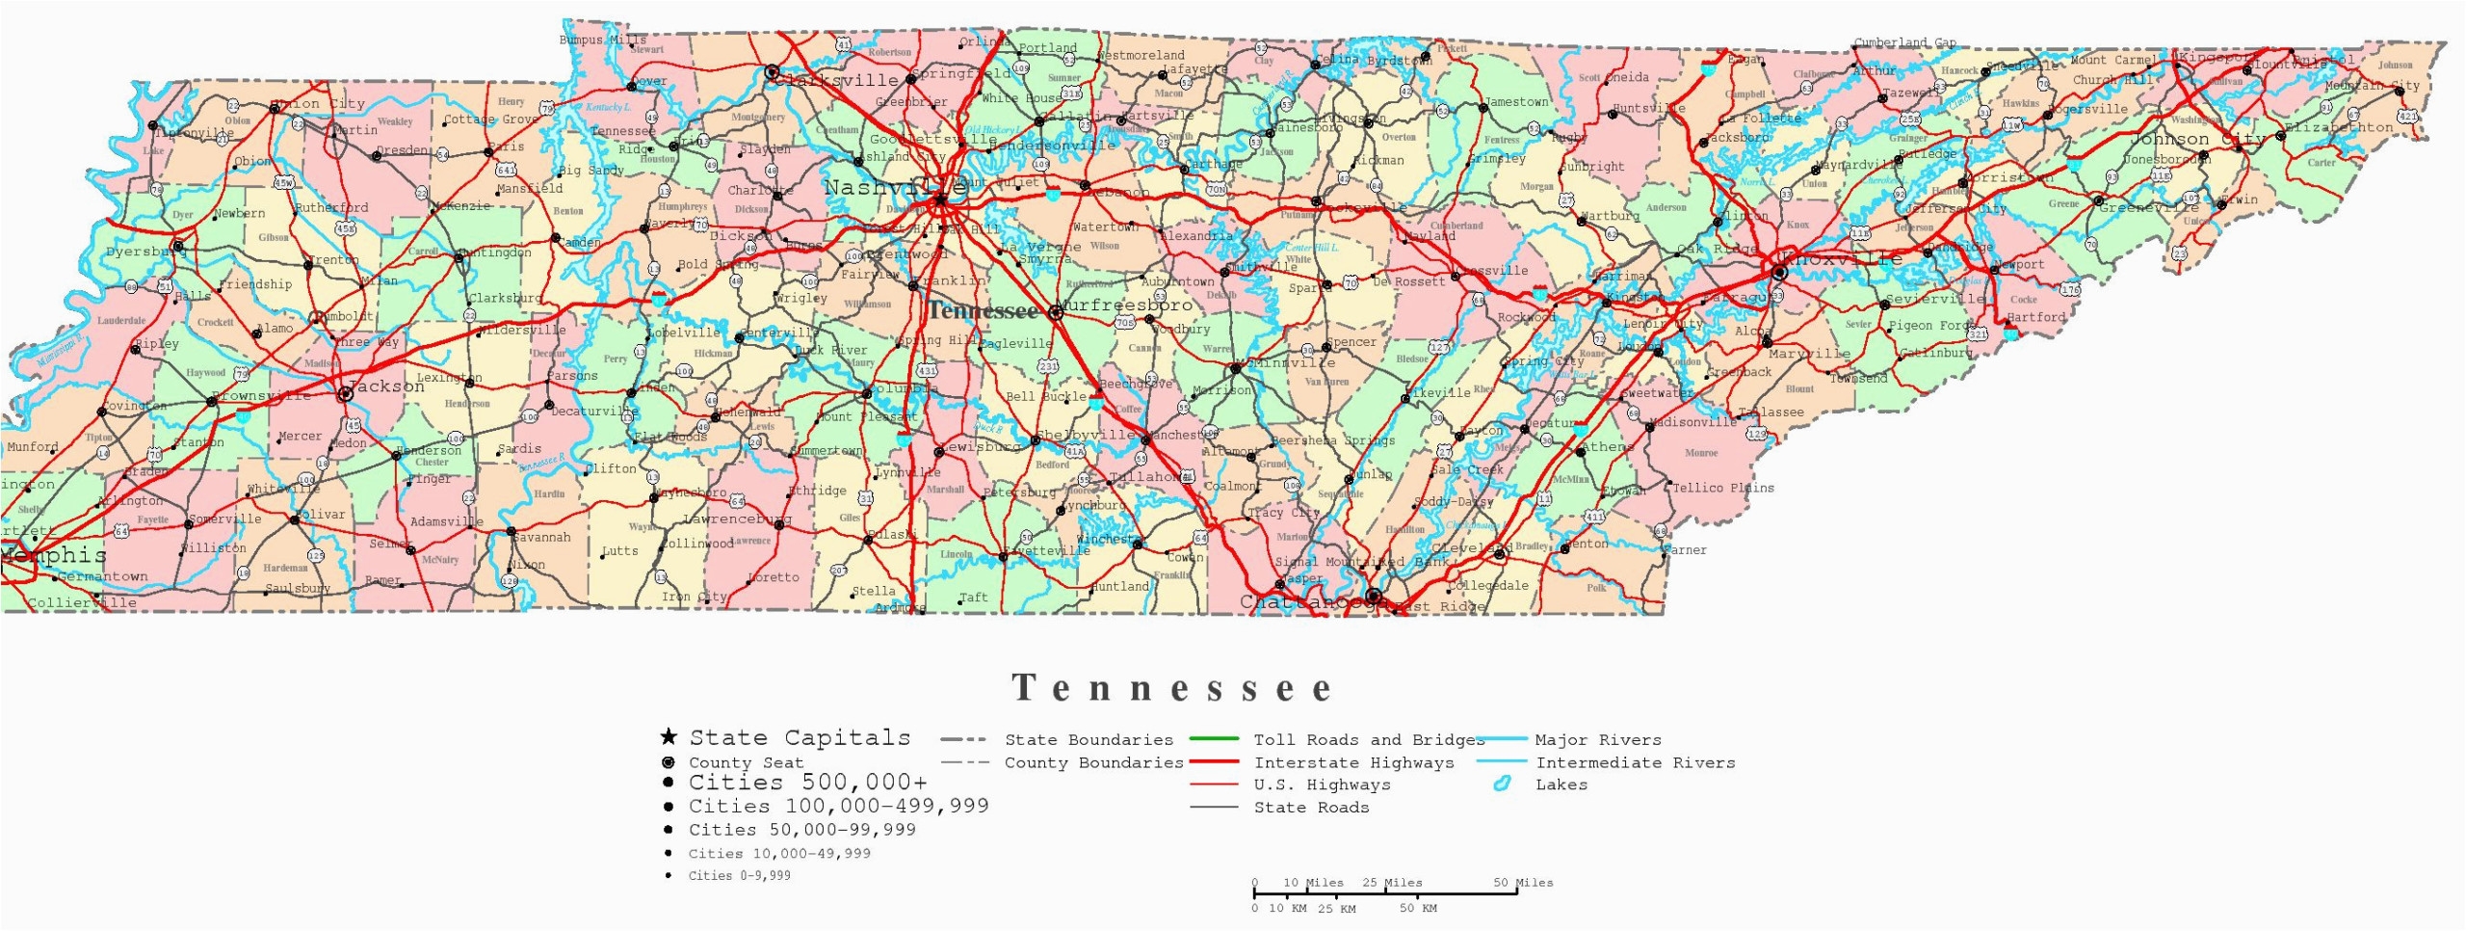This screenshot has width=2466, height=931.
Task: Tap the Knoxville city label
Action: [x=1842, y=258]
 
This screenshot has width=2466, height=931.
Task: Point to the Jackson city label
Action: [x=385, y=386]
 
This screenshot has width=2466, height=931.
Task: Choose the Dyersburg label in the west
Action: [x=145, y=252]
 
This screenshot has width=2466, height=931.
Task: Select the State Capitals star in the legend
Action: [x=669, y=737]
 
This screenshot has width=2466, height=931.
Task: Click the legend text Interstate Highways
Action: [x=1353, y=762]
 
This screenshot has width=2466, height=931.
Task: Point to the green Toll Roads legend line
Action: [x=1214, y=739]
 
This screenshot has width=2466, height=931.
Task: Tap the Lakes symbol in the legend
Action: [x=1501, y=785]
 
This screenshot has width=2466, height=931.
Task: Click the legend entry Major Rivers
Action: [x=1598, y=740]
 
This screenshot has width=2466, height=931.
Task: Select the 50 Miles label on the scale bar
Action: [x=1522, y=882]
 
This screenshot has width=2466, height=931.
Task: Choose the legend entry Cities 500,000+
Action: [x=807, y=783]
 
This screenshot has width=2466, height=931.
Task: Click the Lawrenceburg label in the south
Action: [x=737, y=519]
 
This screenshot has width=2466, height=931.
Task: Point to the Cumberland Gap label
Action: [x=1904, y=42]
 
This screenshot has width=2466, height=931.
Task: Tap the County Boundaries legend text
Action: [x=1093, y=762]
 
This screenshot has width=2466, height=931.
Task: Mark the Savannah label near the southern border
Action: [x=542, y=538]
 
